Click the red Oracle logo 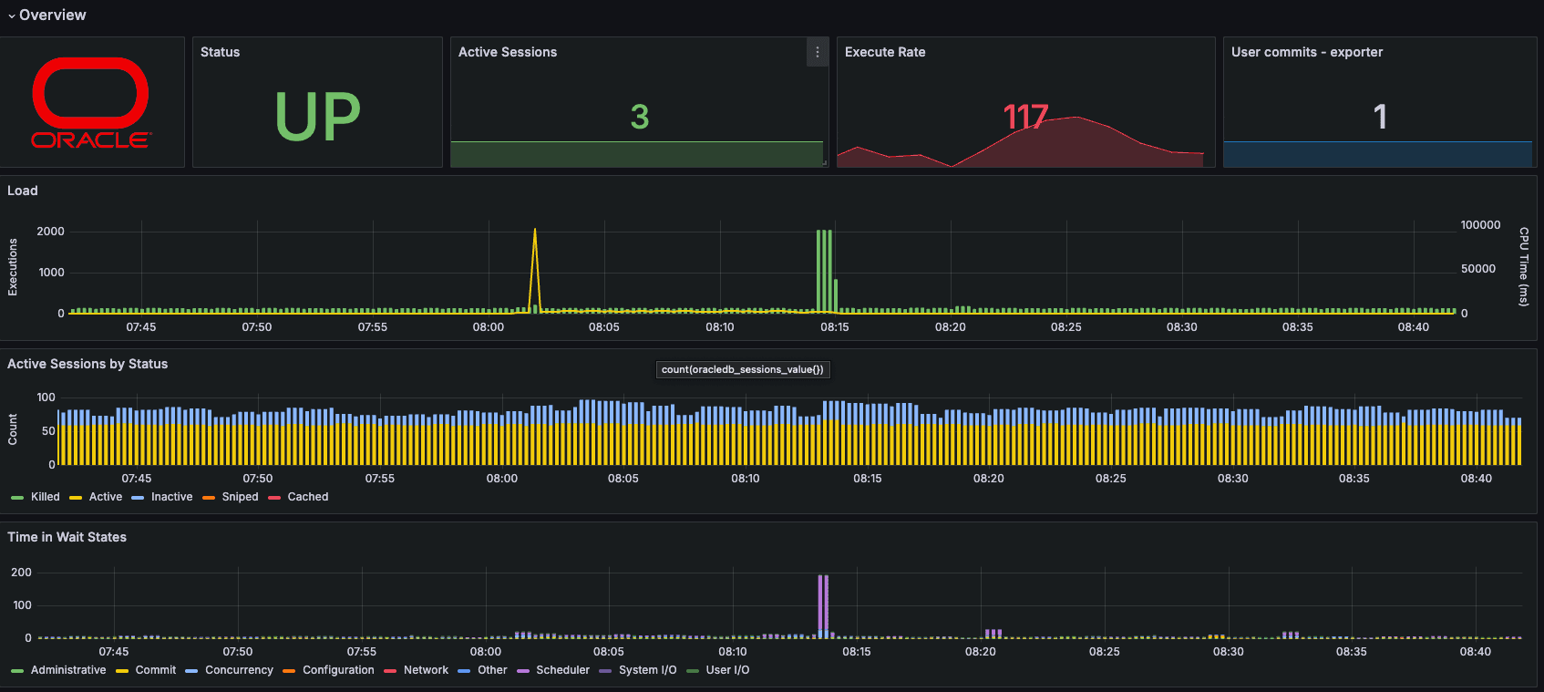tap(91, 102)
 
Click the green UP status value tap(318, 117)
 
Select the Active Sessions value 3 tap(640, 117)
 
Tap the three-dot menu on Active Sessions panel tap(818, 53)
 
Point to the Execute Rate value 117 tap(1025, 117)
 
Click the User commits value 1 tap(1380, 117)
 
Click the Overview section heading tap(52, 15)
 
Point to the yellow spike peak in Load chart tap(535, 231)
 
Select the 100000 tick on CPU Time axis tap(1480, 225)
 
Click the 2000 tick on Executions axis tap(50, 232)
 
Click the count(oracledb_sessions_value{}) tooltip tap(742, 369)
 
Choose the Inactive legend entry tap(171, 497)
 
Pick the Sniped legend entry tap(240, 497)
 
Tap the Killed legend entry tap(45, 497)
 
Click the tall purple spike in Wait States tap(823, 602)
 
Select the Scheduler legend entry tap(562, 670)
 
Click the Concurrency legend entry tap(239, 670)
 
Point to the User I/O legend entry tap(727, 670)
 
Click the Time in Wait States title tap(67, 537)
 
